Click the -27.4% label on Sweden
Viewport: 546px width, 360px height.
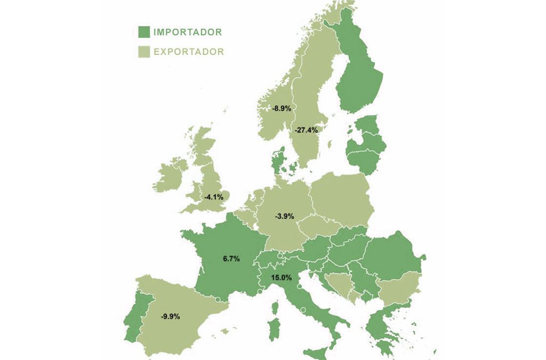point(307,130)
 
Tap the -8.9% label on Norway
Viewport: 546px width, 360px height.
point(282,108)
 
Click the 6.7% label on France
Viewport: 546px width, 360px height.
point(231,259)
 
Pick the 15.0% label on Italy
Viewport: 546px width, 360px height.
point(281,277)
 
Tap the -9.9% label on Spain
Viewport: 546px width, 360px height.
point(171,316)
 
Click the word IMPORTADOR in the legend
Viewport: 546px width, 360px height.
point(187,32)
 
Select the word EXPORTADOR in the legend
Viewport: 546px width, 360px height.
point(188,52)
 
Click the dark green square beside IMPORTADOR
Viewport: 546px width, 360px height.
point(143,32)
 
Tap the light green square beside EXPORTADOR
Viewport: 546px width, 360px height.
point(143,52)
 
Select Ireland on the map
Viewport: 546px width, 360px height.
point(170,177)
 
